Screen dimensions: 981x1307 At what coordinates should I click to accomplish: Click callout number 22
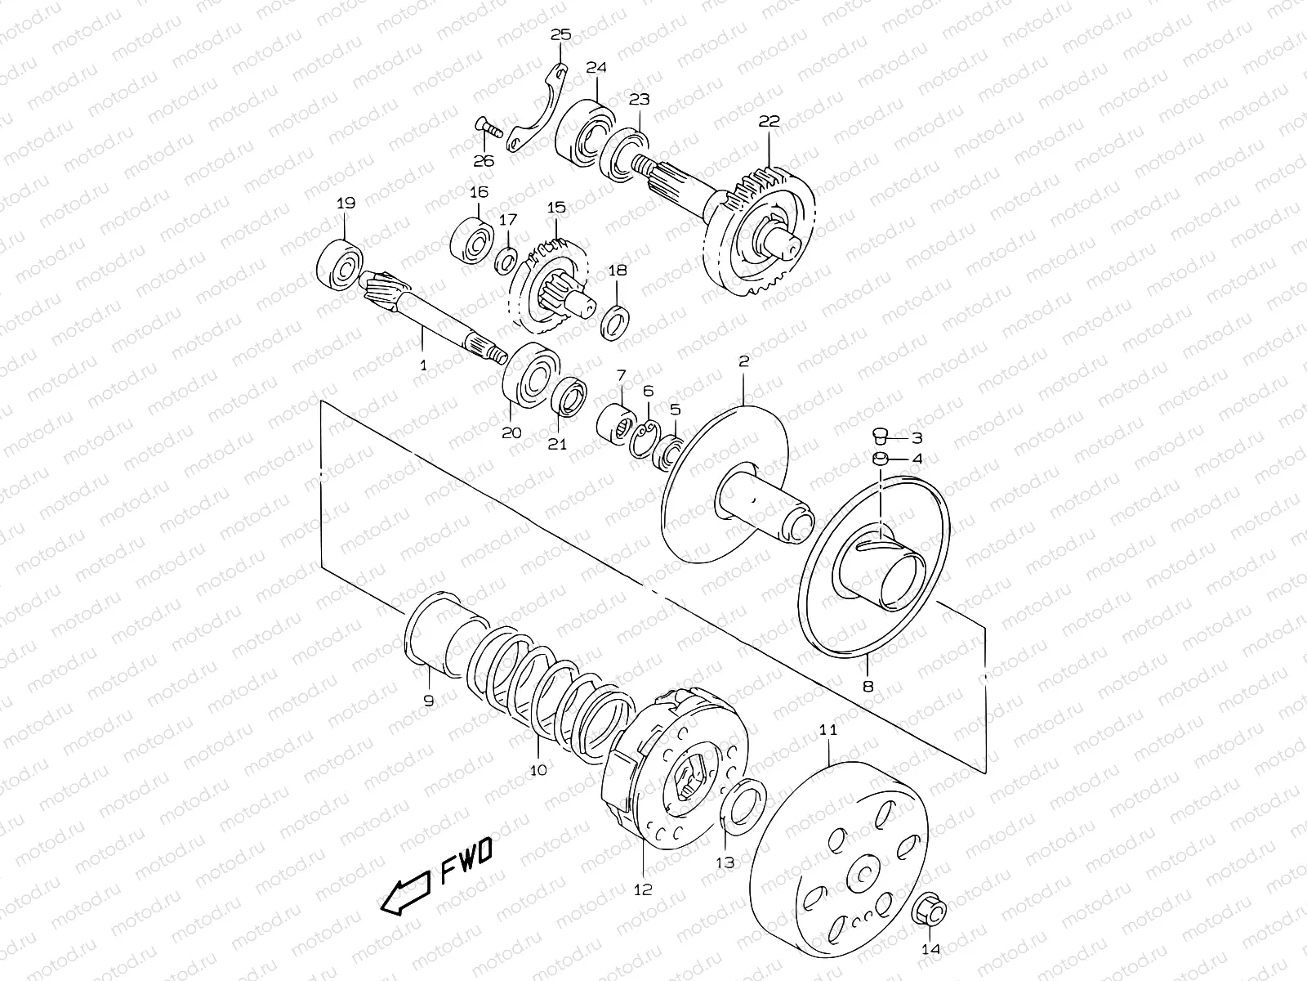pyautogui.click(x=769, y=121)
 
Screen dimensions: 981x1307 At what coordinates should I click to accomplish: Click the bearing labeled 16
pyautogui.click(x=472, y=235)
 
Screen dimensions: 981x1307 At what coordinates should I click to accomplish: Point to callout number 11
pyautogui.click(x=828, y=729)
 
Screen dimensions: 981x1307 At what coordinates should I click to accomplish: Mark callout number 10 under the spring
pyautogui.click(x=538, y=769)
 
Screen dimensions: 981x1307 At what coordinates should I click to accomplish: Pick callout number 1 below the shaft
pyautogui.click(x=423, y=366)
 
